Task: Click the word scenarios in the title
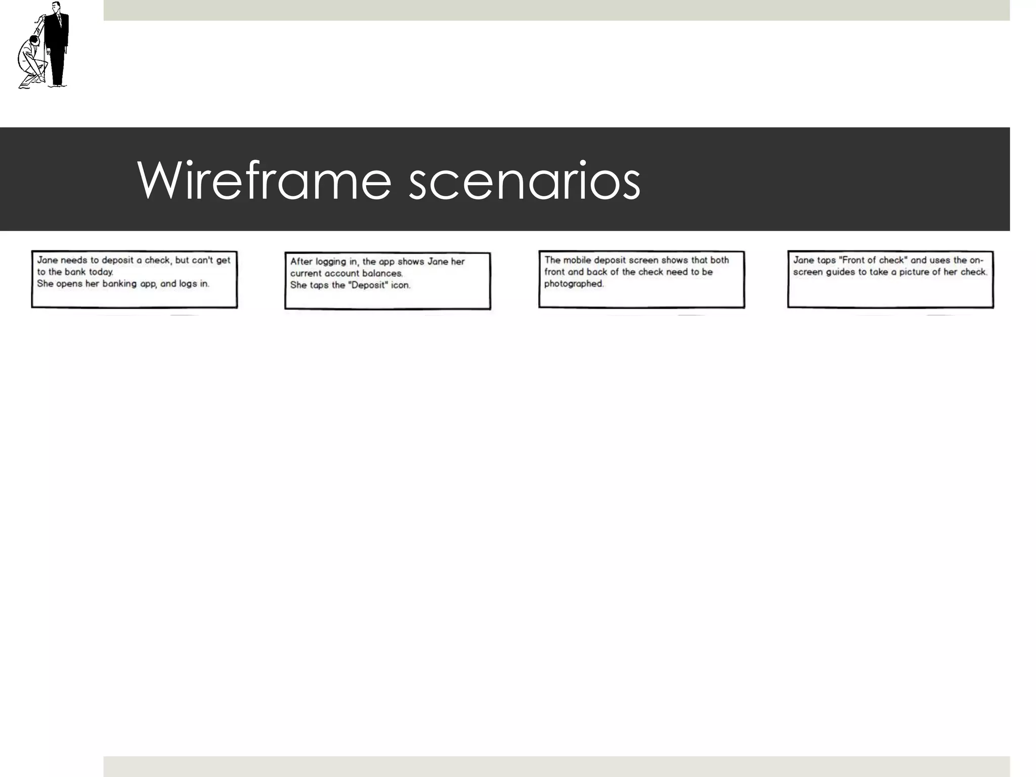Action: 524,181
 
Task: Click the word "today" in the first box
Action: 101,272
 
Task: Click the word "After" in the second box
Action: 301,262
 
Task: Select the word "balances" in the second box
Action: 382,274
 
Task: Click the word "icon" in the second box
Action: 400,285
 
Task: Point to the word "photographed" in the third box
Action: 574,284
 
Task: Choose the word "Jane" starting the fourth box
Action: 803,260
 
